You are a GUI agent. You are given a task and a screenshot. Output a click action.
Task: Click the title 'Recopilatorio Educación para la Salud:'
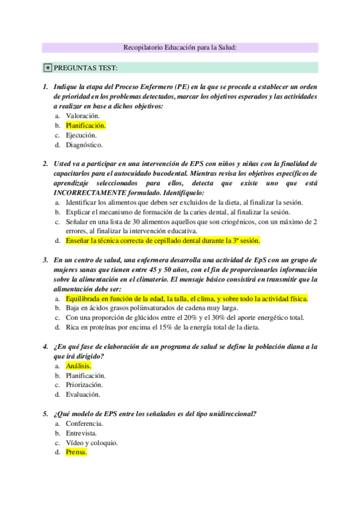pyautogui.click(x=180, y=48)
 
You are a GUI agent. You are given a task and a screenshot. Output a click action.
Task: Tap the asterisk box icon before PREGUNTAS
pyautogui.click(x=47, y=67)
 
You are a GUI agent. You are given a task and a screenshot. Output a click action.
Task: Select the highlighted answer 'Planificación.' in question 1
pyautogui.click(x=85, y=126)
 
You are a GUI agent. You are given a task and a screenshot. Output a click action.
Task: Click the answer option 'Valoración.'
pyautogui.click(x=82, y=116)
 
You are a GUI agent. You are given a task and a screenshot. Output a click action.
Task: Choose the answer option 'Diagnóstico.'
pyautogui.click(x=84, y=145)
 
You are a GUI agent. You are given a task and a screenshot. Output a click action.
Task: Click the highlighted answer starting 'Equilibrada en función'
pyautogui.click(x=186, y=298)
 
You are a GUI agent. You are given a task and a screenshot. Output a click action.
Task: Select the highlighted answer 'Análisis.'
pyautogui.click(x=78, y=366)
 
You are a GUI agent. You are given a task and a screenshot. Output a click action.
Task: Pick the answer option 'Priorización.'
pyautogui.click(x=84, y=385)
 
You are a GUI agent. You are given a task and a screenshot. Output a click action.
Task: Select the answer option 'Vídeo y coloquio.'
pyautogui.click(x=91, y=443)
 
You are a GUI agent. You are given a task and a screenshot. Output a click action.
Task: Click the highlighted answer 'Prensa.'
pyautogui.click(x=76, y=452)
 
